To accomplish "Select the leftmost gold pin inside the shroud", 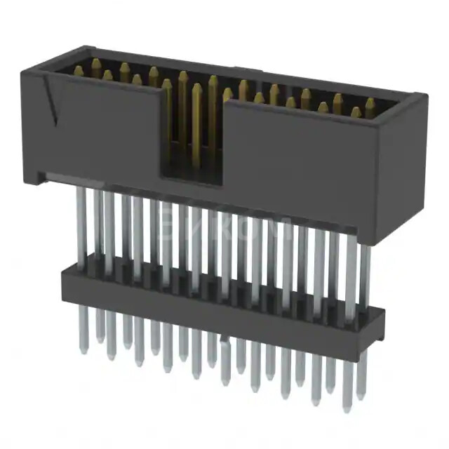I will click(79, 71).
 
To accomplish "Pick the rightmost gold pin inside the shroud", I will click(370, 106).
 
